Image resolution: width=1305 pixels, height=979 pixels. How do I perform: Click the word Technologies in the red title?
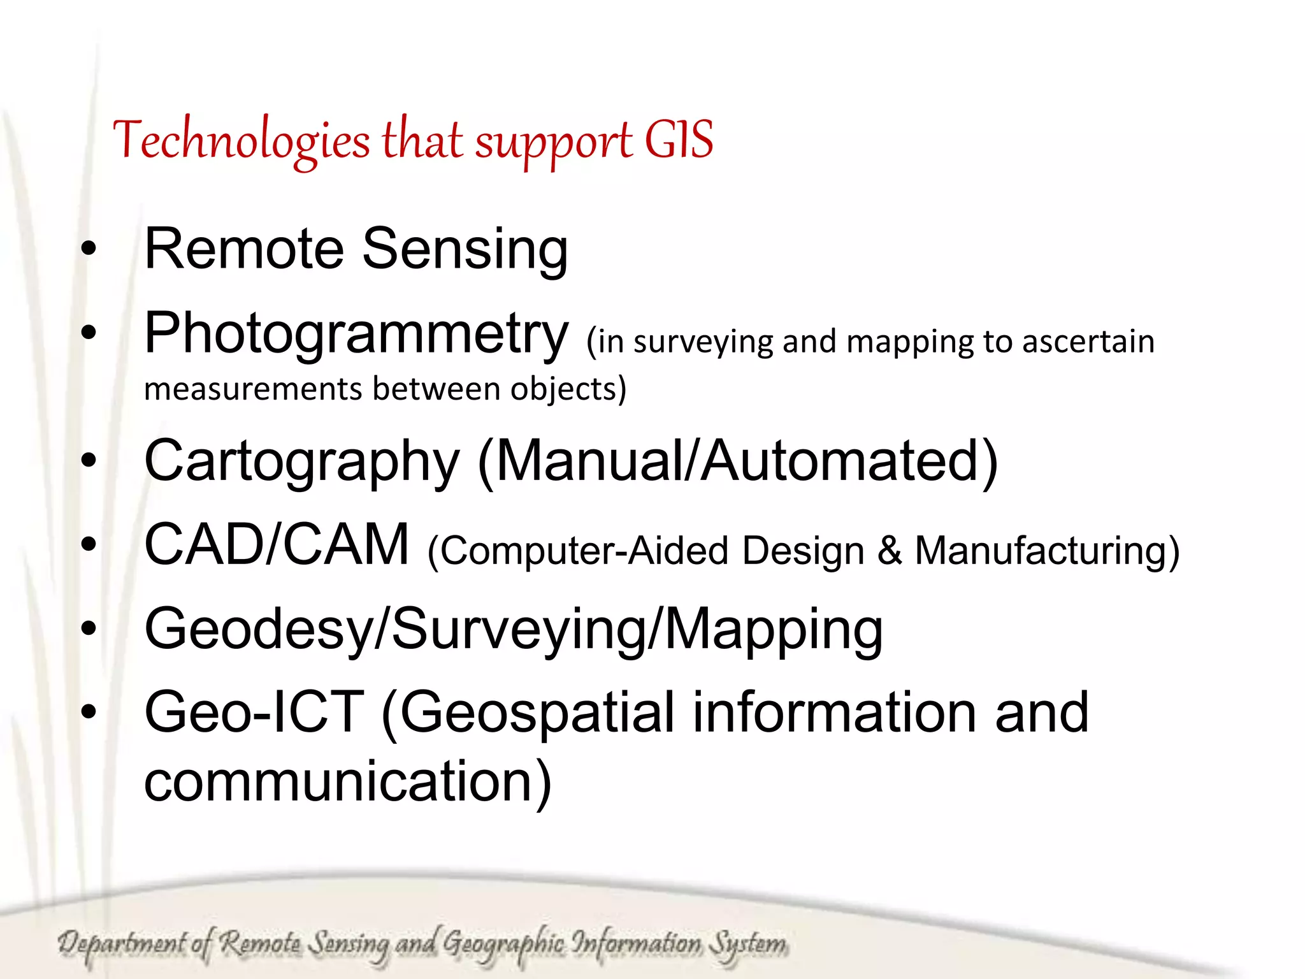click(241, 141)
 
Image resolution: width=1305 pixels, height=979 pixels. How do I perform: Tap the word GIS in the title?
click(679, 140)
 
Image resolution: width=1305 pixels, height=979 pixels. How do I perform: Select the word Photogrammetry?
click(356, 333)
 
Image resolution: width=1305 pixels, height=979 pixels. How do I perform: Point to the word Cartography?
click(301, 461)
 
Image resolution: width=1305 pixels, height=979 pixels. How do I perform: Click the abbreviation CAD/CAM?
click(277, 544)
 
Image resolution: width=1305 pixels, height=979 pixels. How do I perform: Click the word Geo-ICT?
click(254, 712)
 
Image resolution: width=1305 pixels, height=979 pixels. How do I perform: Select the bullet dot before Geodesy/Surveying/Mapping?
click(89, 628)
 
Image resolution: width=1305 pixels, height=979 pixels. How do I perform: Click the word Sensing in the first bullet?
click(465, 249)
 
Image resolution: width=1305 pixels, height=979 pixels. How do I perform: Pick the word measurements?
click(252, 389)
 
